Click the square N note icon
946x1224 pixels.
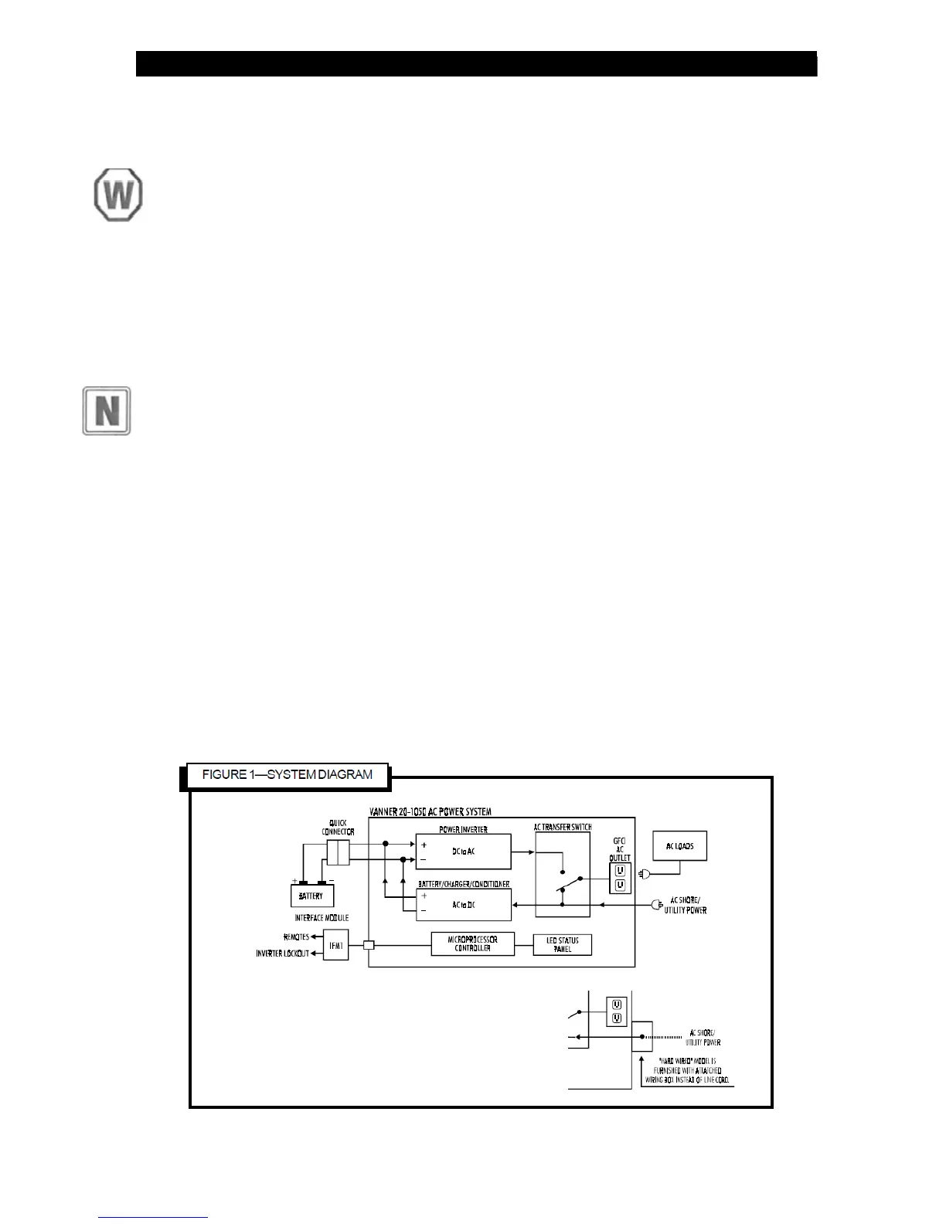pos(107,411)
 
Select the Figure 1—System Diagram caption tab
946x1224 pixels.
pos(287,775)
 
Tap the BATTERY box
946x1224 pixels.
pos(311,896)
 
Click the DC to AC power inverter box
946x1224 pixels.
pos(463,852)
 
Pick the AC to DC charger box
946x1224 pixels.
pos(463,905)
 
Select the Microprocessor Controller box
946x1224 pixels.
pos(472,944)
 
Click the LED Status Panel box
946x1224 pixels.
pos(562,945)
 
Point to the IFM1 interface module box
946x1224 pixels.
pos(335,945)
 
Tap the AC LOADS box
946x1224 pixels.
pos(679,846)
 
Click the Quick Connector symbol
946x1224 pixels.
pos(338,854)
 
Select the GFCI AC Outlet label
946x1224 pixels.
pos(619,849)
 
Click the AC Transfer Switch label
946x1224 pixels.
pos(563,828)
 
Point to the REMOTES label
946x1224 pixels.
pos(296,937)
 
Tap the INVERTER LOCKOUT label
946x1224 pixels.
pos(282,954)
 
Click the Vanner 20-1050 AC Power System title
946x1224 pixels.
pos(430,812)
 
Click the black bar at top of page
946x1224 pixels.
pos(476,64)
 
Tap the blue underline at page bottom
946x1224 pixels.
pos(153,1217)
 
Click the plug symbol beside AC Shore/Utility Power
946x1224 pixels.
pos(658,904)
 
